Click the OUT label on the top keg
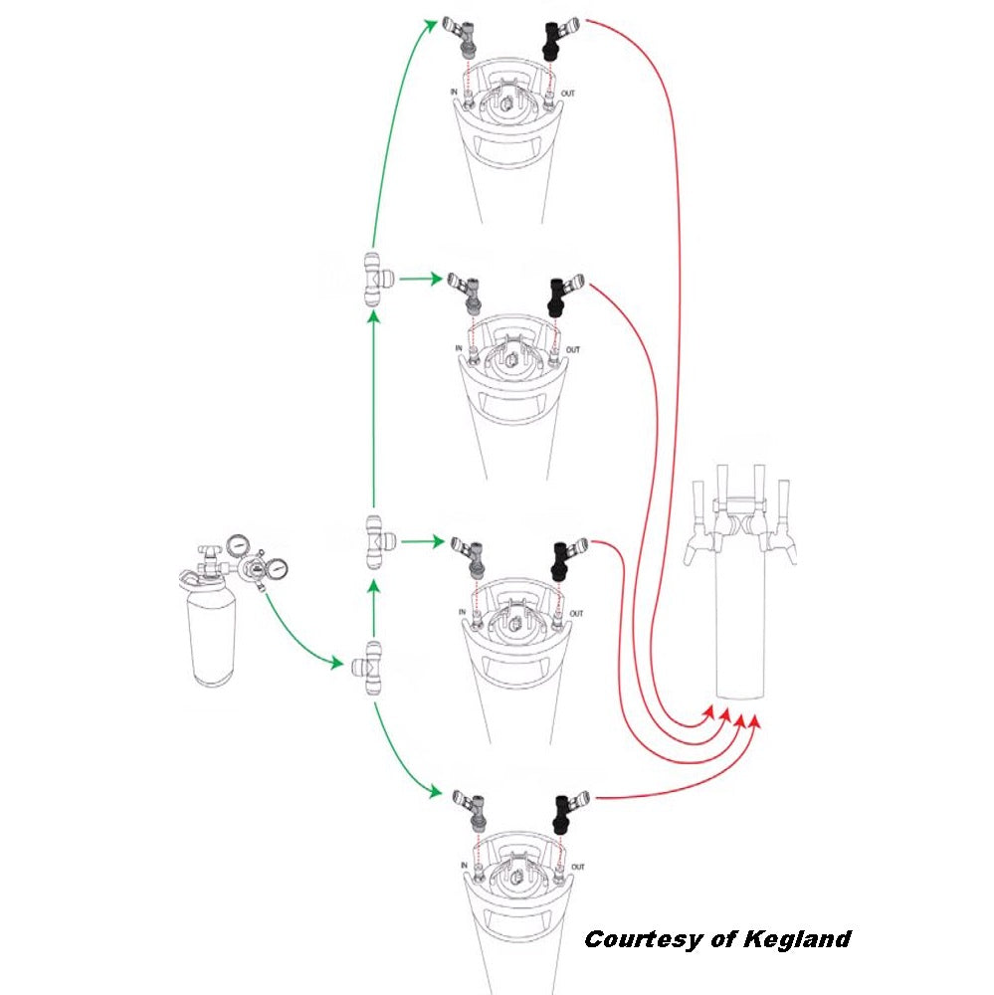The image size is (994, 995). coord(567,94)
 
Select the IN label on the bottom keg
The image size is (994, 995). coord(465,867)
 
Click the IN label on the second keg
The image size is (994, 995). coord(459,348)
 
